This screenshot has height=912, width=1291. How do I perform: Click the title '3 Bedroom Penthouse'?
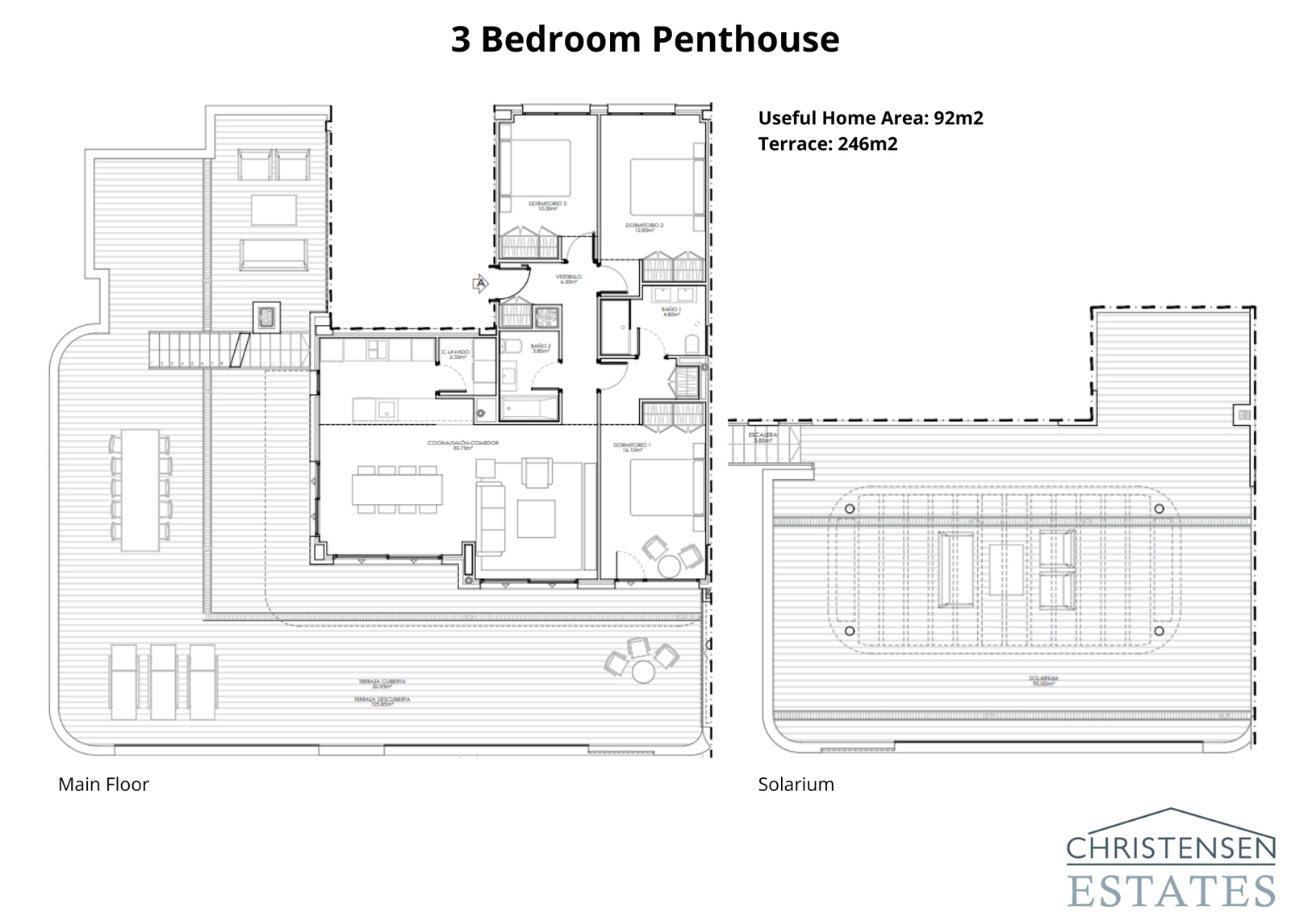pyautogui.click(x=645, y=40)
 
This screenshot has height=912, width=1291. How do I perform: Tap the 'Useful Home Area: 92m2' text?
pyautogui.click(x=870, y=119)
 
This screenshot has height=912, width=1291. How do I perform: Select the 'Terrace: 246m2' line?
pyautogui.click(x=827, y=144)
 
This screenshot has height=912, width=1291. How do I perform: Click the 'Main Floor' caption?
pyautogui.click(x=103, y=784)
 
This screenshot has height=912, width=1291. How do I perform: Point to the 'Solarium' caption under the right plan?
pyautogui.click(x=796, y=784)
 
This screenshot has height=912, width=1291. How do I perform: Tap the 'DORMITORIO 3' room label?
pyautogui.click(x=547, y=205)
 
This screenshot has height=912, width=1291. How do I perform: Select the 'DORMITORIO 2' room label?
pyautogui.click(x=644, y=227)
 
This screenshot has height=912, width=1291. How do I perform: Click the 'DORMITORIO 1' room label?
pyautogui.click(x=632, y=446)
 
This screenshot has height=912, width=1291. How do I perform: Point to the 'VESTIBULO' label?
pyautogui.click(x=568, y=278)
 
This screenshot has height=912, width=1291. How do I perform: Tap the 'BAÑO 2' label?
pyautogui.click(x=540, y=348)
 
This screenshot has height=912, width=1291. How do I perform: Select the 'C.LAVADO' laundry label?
pyautogui.click(x=455, y=352)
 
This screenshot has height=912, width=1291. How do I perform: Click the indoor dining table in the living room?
pyautogui.click(x=397, y=489)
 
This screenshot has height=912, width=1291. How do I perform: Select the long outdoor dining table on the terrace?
pyautogui.click(x=140, y=489)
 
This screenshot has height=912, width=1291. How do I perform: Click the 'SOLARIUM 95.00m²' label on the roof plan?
pyautogui.click(x=1043, y=681)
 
